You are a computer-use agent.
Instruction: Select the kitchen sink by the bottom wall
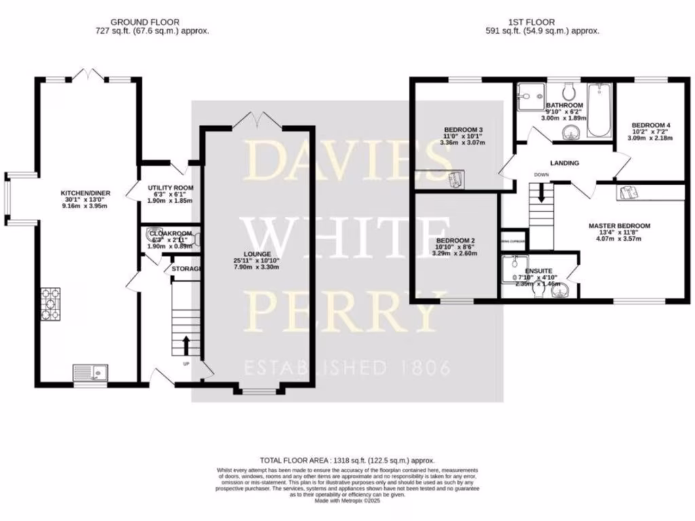click(90, 372)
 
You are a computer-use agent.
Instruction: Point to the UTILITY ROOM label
click(170, 187)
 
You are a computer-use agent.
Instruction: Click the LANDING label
click(564, 163)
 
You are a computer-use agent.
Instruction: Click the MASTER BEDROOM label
click(619, 225)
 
